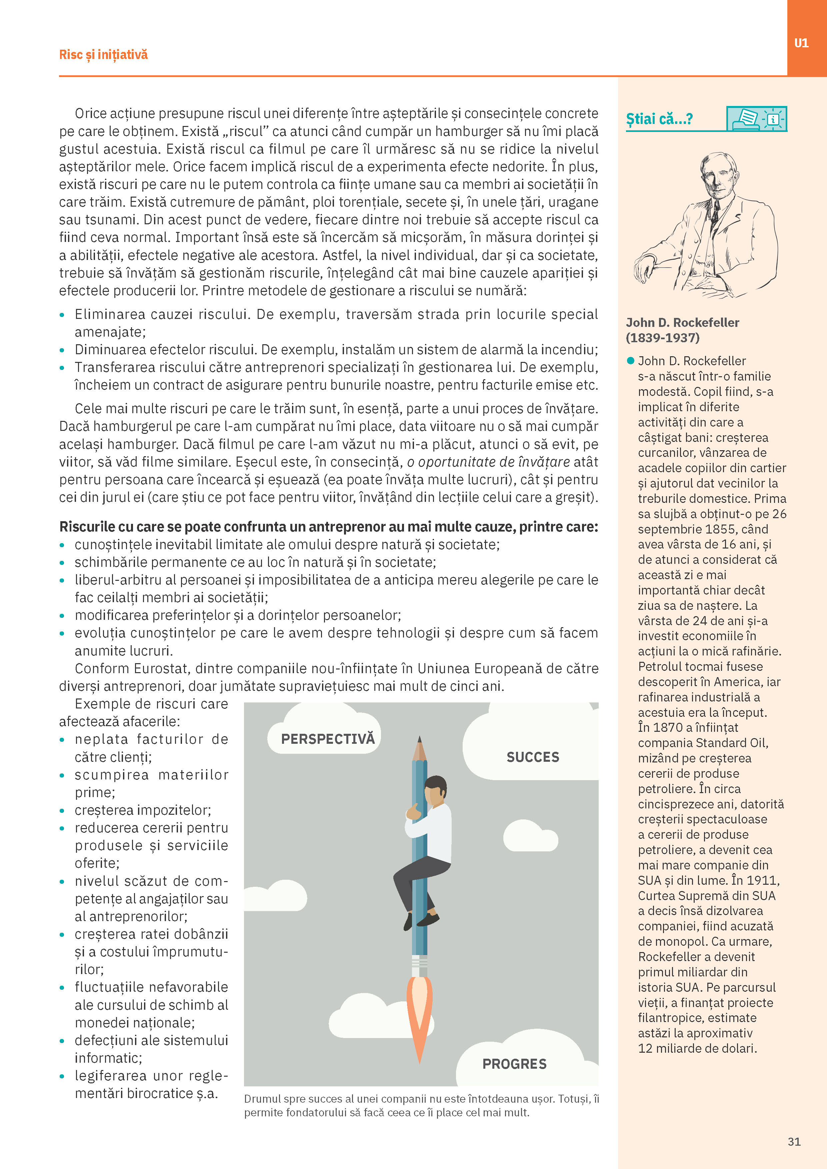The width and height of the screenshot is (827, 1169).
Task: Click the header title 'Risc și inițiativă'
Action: [x=103, y=54]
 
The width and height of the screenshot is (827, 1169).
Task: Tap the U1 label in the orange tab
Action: [x=801, y=43]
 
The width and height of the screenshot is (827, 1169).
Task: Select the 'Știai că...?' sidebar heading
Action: [x=659, y=119]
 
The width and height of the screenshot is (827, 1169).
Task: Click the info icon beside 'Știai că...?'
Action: [x=773, y=119]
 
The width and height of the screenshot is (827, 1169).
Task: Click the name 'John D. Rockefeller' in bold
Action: [x=682, y=322]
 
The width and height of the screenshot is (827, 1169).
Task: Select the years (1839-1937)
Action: [x=663, y=338]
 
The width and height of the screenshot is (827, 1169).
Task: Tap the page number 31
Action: [x=794, y=1141]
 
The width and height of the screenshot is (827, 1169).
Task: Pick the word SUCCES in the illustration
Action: [x=533, y=757]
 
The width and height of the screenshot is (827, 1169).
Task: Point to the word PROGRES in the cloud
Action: [x=514, y=1064]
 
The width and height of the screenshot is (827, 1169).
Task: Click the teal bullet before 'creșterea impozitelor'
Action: [x=62, y=810]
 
